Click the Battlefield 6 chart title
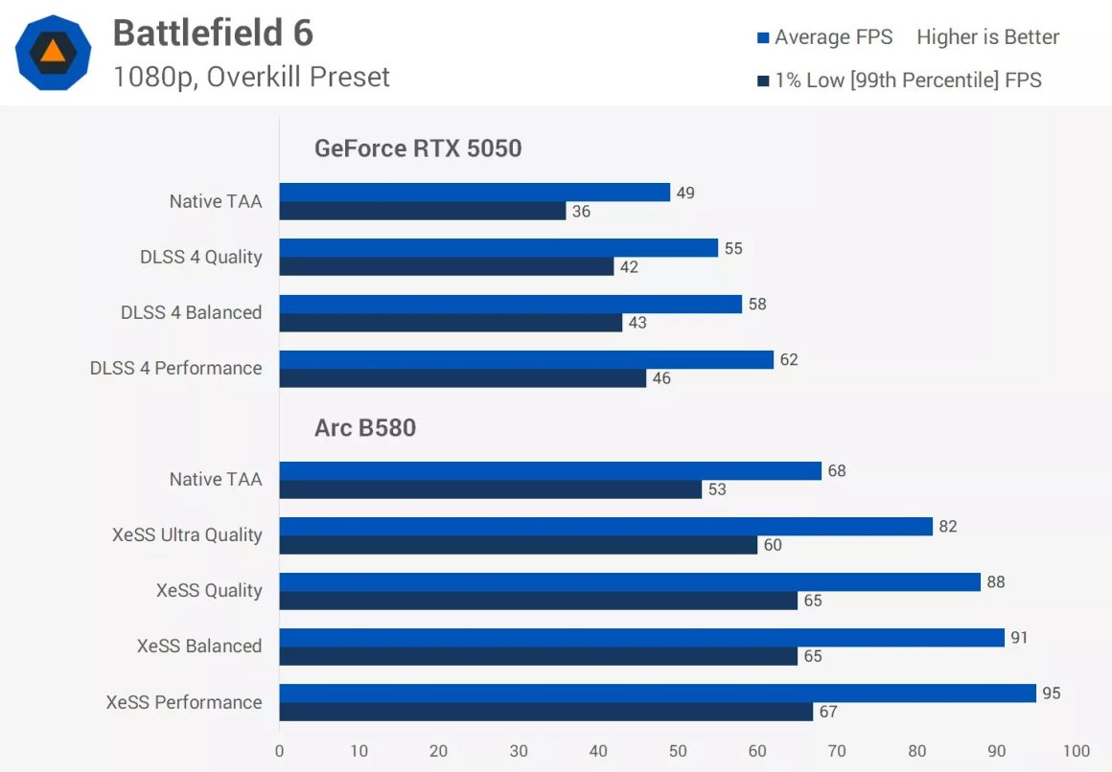click(x=213, y=34)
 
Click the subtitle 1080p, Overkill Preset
click(x=251, y=77)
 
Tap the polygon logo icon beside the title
click(x=54, y=53)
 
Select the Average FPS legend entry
click(x=824, y=37)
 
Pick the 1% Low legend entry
click(x=898, y=80)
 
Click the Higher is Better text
click(x=987, y=37)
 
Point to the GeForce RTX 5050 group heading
click(x=418, y=148)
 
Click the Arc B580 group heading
click(x=365, y=427)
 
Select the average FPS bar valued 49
click(x=475, y=193)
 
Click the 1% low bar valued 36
click(x=423, y=212)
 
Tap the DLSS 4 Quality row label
click(x=200, y=257)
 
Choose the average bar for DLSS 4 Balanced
click(x=511, y=304)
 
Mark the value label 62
click(x=789, y=360)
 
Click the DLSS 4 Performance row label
click(x=175, y=368)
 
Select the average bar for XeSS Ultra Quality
click(x=606, y=527)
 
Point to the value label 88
click(x=996, y=582)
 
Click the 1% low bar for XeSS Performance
click(x=546, y=712)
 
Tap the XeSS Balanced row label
click(x=199, y=646)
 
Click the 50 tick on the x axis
click(x=678, y=751)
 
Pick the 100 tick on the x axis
click(x=1077, y=751)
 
